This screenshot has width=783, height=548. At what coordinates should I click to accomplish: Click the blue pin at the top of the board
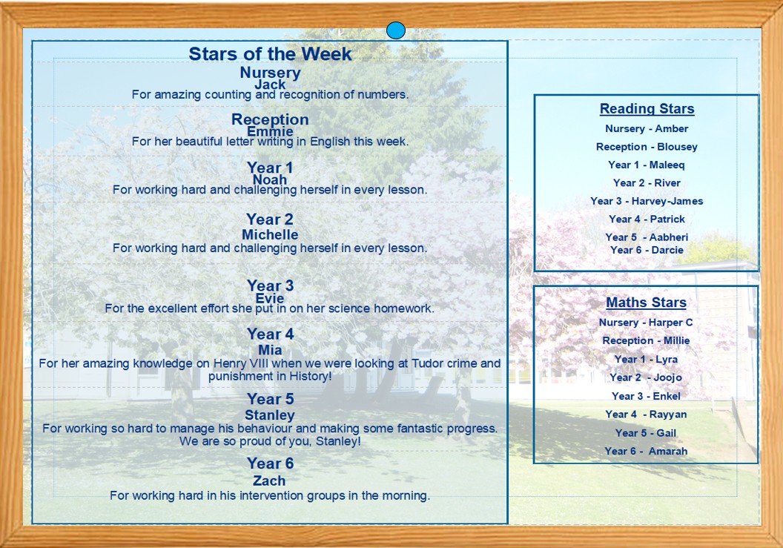pos(395,30)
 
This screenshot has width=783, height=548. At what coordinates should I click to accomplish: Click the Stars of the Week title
pos(270,54)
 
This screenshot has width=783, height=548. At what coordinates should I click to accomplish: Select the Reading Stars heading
pos(647,108)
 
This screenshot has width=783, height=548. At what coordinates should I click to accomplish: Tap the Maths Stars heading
pos(646,303)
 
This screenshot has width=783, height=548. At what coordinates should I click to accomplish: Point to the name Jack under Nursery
pos(270,85)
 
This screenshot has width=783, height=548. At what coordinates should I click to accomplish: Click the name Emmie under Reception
pos(270,131)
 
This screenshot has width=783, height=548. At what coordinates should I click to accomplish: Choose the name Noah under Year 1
pos(270,180)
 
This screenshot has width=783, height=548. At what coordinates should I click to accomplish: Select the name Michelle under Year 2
pos(270,235)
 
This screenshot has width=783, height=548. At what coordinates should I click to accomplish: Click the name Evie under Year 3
pos(270,298)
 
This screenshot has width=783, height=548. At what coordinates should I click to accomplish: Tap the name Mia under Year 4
pos(270,350)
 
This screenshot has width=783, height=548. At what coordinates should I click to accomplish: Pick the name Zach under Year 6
pos(269,481)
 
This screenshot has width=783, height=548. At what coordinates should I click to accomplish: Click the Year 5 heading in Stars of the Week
pos(270,399)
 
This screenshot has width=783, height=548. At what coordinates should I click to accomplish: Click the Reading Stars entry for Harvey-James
pos(647,201)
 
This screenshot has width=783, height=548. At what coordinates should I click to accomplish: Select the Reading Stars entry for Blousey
pos(647,147)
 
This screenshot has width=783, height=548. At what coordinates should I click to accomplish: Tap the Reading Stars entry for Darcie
pos(647,251)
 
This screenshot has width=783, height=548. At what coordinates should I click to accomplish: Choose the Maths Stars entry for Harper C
pos(646,323)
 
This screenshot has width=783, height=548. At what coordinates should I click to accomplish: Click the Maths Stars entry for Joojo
pos(646,377)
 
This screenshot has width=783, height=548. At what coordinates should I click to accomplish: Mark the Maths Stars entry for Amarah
pos(646,451)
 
